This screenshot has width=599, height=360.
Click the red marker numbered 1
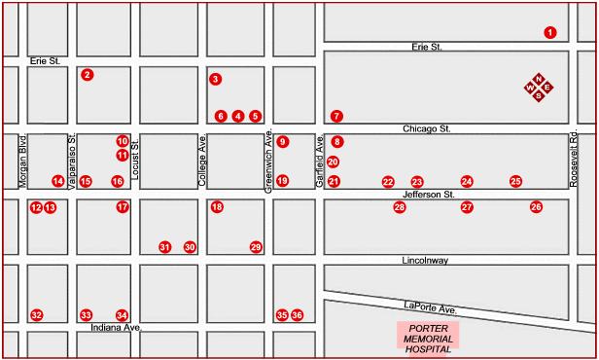[x=550, y=32]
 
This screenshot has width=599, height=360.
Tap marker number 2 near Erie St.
[x=88, y=74]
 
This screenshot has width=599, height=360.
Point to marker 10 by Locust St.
[x=123, y=141]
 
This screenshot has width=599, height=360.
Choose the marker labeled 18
[x=217, y=207]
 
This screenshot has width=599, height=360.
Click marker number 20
[x=333, y=162]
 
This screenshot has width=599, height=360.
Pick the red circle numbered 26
[x=536, y=207]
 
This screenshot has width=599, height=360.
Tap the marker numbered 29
[x=256, y=247]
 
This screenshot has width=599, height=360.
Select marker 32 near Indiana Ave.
[x=36, y=315]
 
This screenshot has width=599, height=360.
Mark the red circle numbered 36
[x=298, y=315]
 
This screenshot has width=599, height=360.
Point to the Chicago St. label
[x=428, y=128]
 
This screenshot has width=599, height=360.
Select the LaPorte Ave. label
[x=430, y=307]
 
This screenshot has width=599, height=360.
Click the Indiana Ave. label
[x=116, y=328]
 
